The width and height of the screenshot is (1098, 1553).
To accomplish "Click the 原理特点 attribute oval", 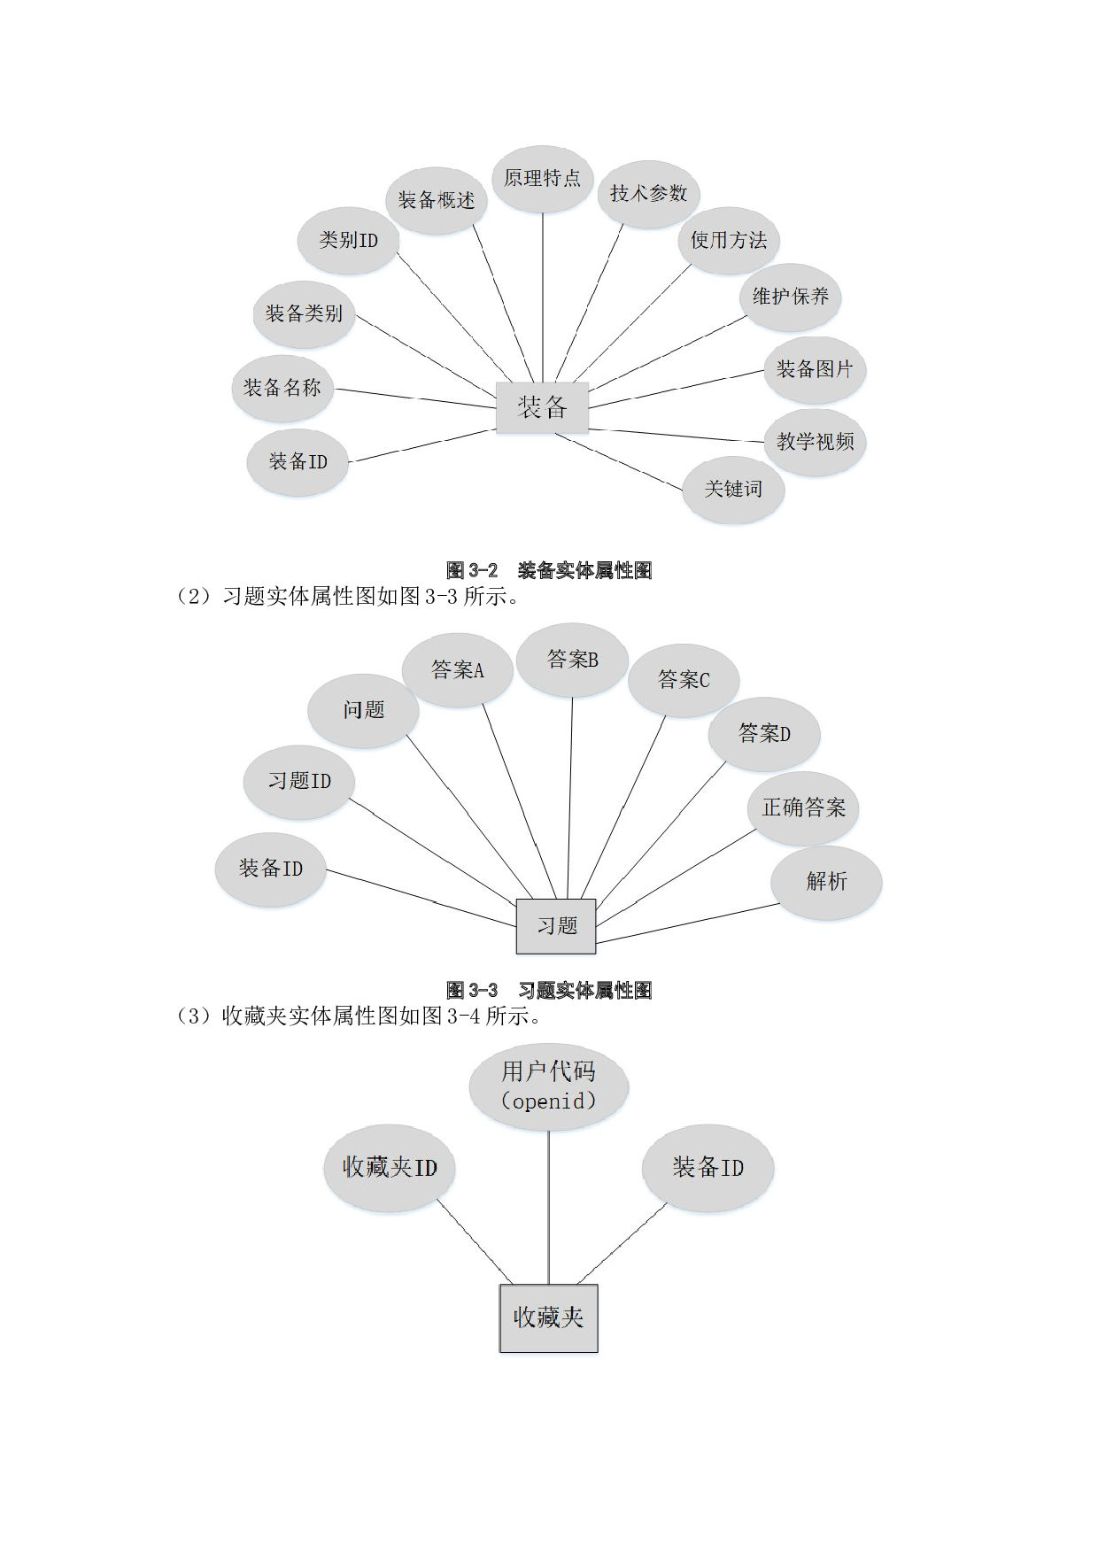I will pos(542,179).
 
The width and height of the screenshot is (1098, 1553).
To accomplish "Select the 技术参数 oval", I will pos(648,194).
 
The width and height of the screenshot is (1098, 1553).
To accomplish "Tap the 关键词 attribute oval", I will pos(732,489).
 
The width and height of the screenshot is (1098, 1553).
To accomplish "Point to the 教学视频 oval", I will pos(815,442).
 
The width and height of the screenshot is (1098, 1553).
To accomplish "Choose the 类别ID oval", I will pos(348,240).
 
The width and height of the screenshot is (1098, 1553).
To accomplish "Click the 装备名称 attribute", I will pos(282,388).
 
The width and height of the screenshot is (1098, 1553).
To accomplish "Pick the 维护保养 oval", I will pos(790,297).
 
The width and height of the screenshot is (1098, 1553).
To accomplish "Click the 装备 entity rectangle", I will pos(542,407).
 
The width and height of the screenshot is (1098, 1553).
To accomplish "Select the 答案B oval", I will pos(572,660).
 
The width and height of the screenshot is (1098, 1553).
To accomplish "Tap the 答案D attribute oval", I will pos(764,734).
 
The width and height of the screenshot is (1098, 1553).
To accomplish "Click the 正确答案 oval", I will pos(803,807).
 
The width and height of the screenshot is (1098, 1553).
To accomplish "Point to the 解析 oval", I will pos(826,881).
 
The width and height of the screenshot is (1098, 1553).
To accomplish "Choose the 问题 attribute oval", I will pos(363,710).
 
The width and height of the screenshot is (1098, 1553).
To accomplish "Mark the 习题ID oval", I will pos(299,781).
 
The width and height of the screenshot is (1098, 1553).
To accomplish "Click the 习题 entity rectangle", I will pos(556,926).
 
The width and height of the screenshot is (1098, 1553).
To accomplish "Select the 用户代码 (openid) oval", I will pos(548,1086).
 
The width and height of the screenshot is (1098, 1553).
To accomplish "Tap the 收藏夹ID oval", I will pos(390,1168).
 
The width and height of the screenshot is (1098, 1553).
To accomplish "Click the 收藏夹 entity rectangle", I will pos(548,1317).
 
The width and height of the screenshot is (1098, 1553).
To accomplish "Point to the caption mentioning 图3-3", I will pos(347,596).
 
